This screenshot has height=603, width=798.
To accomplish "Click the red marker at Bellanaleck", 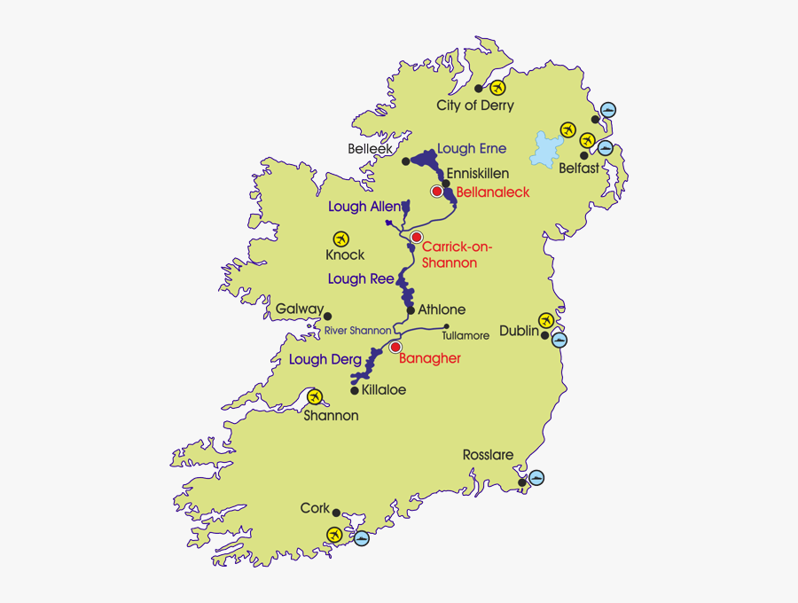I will coord(437,192).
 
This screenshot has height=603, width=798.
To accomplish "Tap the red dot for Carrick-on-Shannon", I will coord(416,237).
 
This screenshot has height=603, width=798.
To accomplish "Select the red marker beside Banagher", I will coord(396,347).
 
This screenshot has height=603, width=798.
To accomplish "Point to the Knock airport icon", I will coord(340,239).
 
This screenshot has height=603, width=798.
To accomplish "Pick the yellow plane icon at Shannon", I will coord(314,397).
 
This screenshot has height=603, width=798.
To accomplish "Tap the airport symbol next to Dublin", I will coord(546,320).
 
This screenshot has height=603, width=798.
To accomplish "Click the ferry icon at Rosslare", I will coord(536,478).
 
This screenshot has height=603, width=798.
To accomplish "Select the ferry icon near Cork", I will coord(361,537).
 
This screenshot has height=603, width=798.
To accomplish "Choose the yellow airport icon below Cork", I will coord(334,534).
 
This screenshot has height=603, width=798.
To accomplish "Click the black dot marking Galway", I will coord(327,316).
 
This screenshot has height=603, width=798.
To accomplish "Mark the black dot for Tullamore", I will coord(447,326).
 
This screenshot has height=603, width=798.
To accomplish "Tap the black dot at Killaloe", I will coord(355,390).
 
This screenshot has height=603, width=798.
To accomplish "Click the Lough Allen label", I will coord(364,207).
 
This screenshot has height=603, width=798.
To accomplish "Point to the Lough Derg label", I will coord(325,359).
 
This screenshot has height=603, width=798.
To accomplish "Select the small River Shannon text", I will coord(357,331).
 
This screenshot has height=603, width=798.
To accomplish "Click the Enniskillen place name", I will coord(478,174).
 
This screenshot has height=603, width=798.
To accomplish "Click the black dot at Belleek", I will coord(406,161).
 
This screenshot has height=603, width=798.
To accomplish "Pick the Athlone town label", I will coord(441,309).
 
